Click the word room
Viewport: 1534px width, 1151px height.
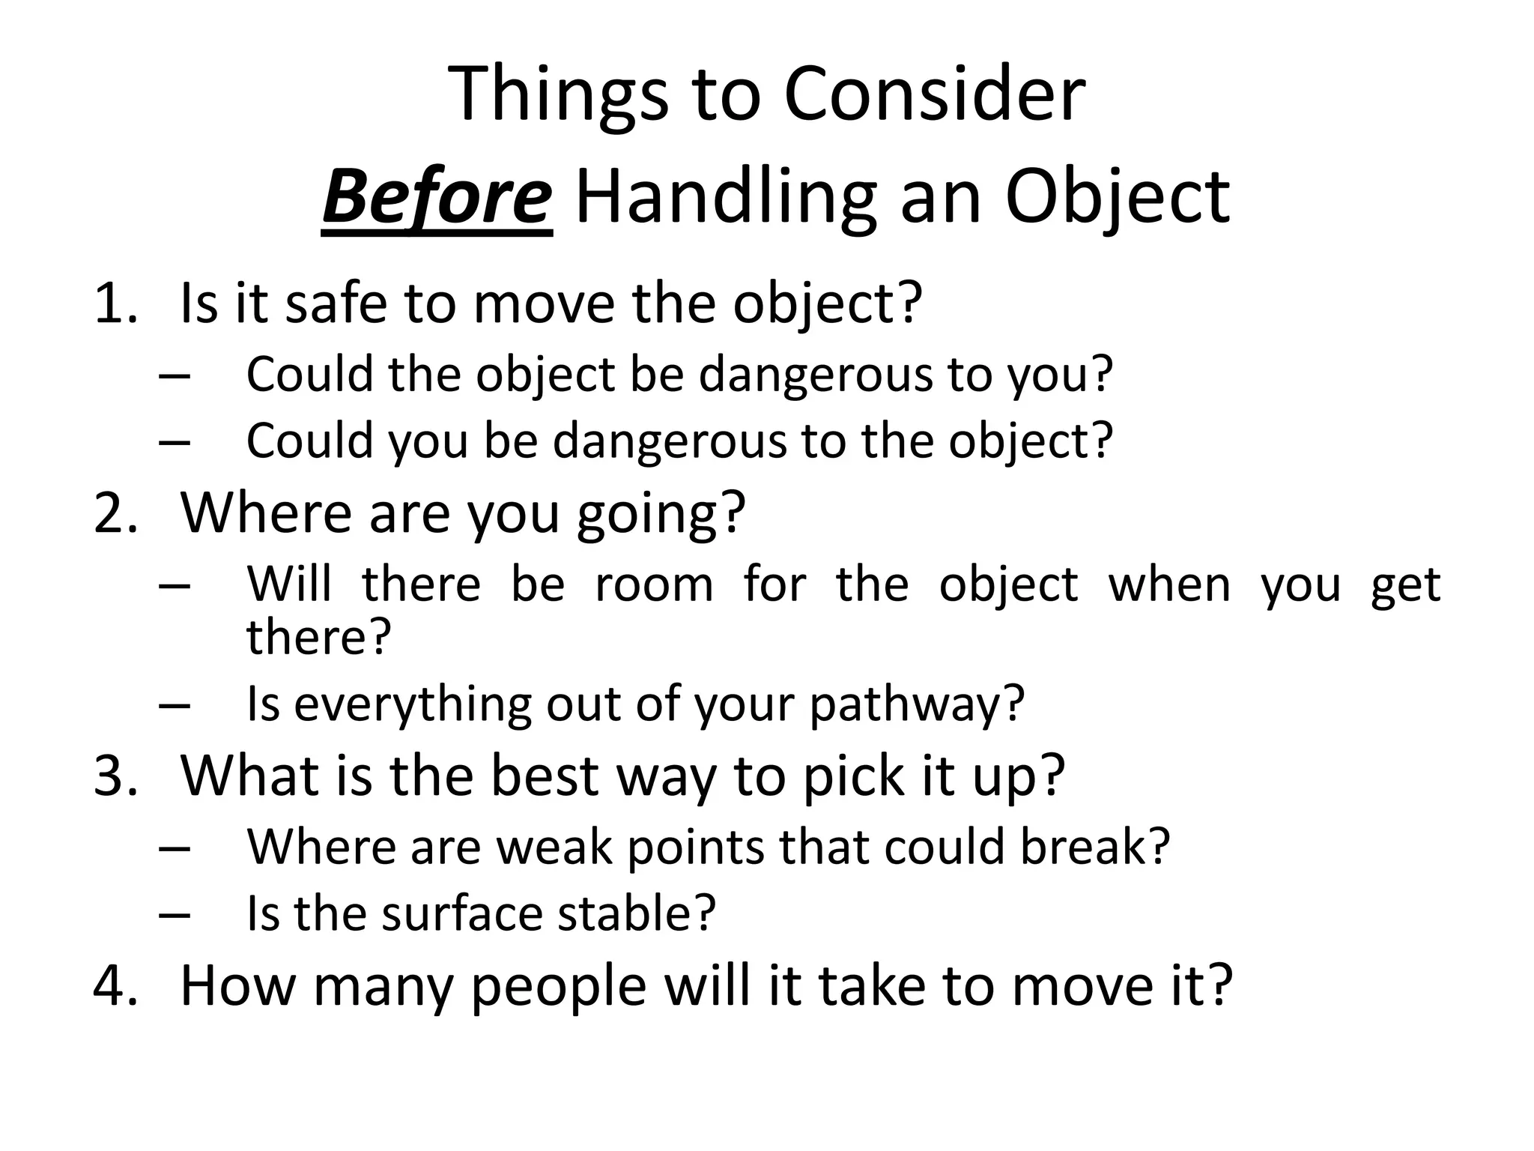[x=654, y=584]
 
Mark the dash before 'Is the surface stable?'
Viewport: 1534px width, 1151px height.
[x=174, y=915]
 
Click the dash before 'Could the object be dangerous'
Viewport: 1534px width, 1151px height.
[x=174, y=375]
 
